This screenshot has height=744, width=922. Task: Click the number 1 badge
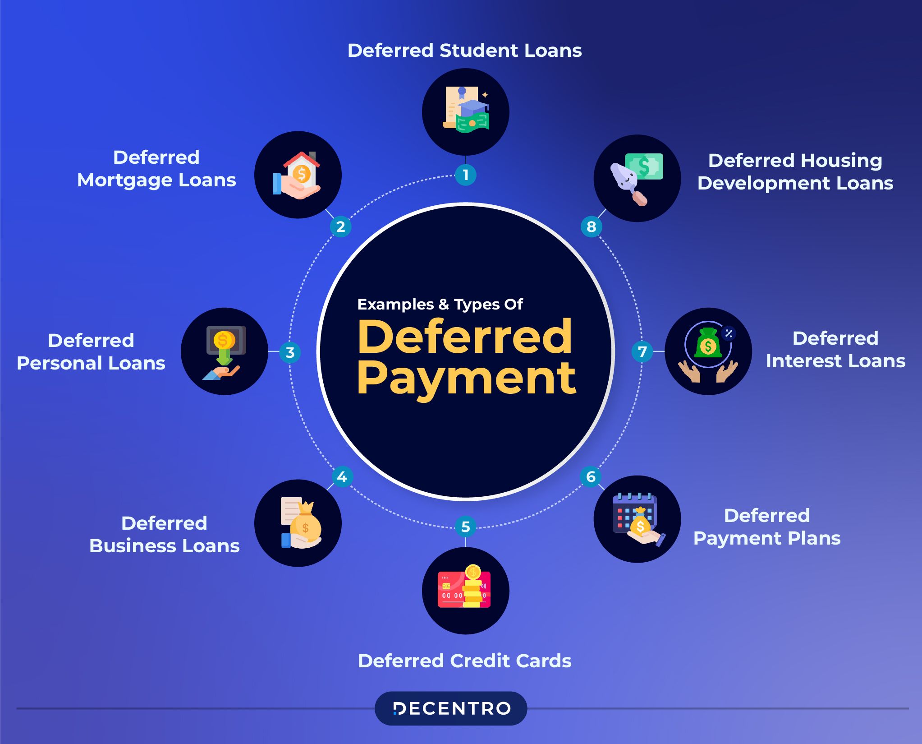(466, 175)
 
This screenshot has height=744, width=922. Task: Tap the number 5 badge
(466, 527)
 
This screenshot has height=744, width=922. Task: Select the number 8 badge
(592, 226)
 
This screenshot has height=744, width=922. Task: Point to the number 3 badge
(290, 352)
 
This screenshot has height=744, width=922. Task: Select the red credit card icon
(464, 587)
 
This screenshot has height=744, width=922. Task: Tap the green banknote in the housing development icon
(644, 166)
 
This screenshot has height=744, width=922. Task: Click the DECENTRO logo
(451, 708)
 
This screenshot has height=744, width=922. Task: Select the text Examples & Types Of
(440, 305)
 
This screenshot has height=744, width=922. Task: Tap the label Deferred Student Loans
(465, 51)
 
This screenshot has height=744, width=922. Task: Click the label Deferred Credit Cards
(465, 661)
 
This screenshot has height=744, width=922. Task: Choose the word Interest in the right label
(804, 361)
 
